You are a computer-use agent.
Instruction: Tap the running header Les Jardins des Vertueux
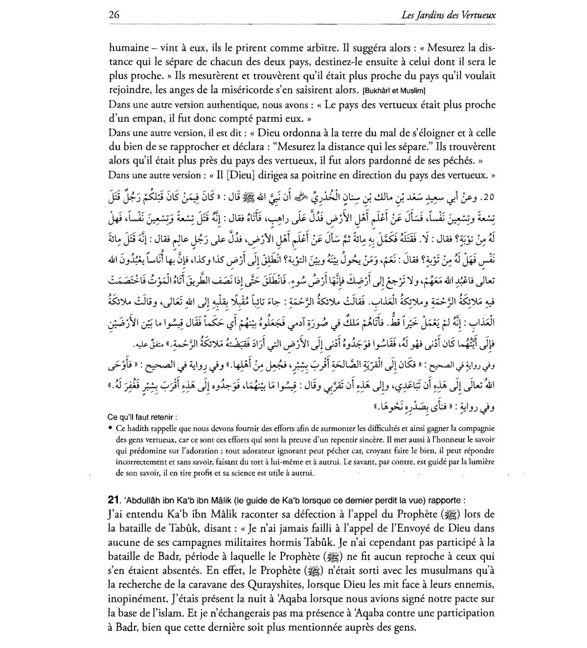tap(448, 15)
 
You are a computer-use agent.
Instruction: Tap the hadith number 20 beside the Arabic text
tap(488, 197)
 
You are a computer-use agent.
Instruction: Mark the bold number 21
tap(113, 500)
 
